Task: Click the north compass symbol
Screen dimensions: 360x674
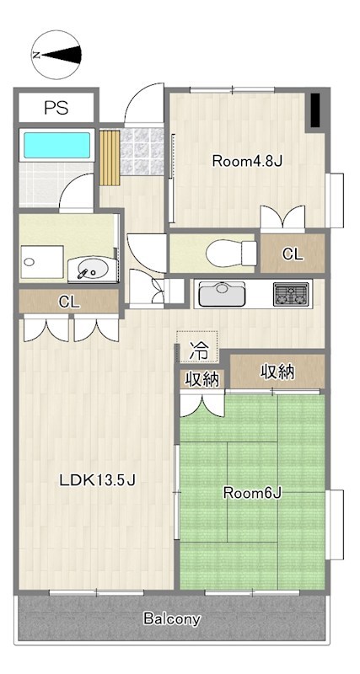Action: coord(56,55)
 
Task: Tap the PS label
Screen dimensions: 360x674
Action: coord(56,108)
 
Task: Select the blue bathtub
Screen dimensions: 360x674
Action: coord(56,145)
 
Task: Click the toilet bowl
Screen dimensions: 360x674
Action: coord(231,254)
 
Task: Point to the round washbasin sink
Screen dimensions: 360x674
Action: coord(90,270)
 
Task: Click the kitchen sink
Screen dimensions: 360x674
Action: coord(222,294)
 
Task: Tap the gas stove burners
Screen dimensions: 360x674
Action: coord(292,294)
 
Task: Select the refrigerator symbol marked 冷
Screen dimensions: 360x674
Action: coord(197,346)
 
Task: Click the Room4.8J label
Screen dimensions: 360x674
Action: coord(247,162)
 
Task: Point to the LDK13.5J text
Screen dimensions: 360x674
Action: coord(98,480)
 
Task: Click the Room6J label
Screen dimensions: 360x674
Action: coord(252,494)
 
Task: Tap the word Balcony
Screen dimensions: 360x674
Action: coord(172,619)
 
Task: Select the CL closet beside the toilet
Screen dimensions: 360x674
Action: coord(293,254)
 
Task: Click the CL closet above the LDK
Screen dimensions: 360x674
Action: coord(69,302)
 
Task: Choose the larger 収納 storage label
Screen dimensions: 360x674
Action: coord(277,372)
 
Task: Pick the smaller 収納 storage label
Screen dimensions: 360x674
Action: coord(202,379)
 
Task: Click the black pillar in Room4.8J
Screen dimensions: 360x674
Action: coord(315,110)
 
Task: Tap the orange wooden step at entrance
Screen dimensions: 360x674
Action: coord(110,158)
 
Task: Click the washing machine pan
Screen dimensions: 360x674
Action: coord(43,262)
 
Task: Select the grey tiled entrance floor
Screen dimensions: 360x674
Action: coord(142,152)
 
